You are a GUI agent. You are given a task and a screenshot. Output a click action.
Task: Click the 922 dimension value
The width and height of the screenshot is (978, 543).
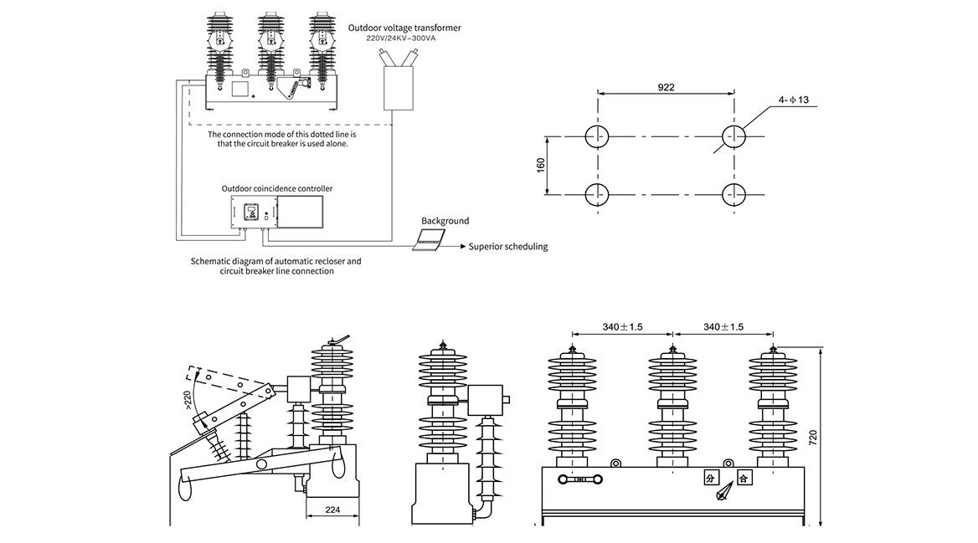666,87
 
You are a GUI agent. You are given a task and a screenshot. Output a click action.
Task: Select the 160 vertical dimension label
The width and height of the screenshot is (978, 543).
541,165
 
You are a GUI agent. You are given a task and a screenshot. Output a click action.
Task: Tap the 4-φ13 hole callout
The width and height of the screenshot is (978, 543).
793,100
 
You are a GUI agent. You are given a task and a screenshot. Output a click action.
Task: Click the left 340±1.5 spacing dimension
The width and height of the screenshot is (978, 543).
622,327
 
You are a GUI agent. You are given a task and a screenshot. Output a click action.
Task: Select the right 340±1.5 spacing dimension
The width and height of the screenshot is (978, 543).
723,327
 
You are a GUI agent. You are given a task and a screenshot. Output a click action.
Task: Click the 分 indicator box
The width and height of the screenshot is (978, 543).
711,479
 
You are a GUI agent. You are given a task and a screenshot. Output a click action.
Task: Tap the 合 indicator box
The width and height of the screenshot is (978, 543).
743,479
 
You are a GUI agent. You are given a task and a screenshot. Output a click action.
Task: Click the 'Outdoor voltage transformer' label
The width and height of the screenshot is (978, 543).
404,28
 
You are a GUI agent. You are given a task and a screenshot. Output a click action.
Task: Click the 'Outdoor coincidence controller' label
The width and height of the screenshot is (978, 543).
276,188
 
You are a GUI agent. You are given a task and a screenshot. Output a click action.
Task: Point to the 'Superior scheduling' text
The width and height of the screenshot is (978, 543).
508,247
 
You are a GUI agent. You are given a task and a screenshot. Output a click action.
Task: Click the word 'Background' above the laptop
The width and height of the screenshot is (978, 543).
445,221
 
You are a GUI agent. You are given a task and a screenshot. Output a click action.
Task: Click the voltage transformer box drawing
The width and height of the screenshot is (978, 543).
399,86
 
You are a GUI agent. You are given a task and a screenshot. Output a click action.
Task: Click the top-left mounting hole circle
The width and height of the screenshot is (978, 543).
597,136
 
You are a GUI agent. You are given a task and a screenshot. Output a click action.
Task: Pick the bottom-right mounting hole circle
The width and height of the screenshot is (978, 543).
733,194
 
